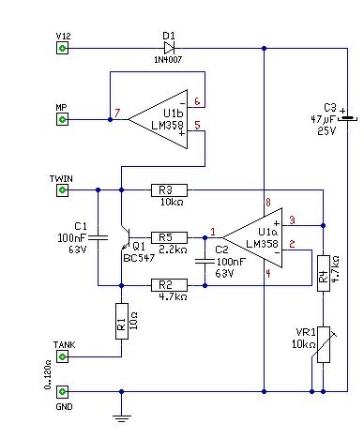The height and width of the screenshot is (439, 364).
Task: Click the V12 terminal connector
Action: coord(62,49)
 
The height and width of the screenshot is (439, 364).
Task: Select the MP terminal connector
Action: coord(62,119)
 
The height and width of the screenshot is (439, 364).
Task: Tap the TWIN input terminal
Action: coord(62,190)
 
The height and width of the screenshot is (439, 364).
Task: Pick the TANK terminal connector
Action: coord(62,356)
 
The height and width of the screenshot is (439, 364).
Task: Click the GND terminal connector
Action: coord(62,391)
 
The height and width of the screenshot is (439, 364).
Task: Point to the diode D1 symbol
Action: coord(169,48)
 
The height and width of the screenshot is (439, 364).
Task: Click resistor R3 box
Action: coord(169,190)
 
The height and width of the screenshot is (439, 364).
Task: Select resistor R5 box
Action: coord(169,237)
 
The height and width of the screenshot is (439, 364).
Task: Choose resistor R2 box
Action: coord(169,285)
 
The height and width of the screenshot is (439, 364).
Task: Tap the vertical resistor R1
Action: coord(122,321)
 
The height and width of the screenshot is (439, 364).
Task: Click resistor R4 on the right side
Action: coord(324,273)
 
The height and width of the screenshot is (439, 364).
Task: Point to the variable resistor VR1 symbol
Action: coord(324,344)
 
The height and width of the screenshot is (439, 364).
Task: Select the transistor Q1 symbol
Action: coord(126,237)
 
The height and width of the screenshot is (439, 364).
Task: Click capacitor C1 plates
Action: coord(98,238)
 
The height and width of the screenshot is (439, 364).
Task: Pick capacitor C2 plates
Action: coord(205,262)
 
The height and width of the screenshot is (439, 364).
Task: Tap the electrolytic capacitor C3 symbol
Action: coord(347,118)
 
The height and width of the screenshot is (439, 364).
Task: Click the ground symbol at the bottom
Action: coord(122,418)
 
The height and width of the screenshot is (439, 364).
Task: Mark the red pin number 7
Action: coord(117,113)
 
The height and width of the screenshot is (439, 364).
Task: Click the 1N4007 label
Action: coord(168,59)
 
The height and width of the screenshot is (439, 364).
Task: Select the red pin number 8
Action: coord(268,203)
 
